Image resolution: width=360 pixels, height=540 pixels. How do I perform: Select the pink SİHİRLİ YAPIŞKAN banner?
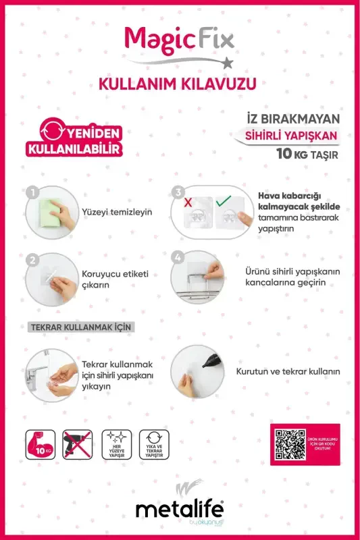click(x=291, y=135)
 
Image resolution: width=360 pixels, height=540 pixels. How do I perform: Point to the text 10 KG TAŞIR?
click(x=307, y=154)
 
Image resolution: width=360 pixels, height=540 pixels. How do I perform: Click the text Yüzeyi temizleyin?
click(x=117, y=211)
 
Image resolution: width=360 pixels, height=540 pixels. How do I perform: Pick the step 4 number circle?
click(x=178, y=257)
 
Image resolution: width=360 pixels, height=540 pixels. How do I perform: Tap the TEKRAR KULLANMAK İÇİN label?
click(x=80, y=327)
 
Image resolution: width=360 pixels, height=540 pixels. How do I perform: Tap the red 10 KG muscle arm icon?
click(x=41, y=444)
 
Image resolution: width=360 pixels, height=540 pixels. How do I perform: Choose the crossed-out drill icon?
click(x=78, y=444)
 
